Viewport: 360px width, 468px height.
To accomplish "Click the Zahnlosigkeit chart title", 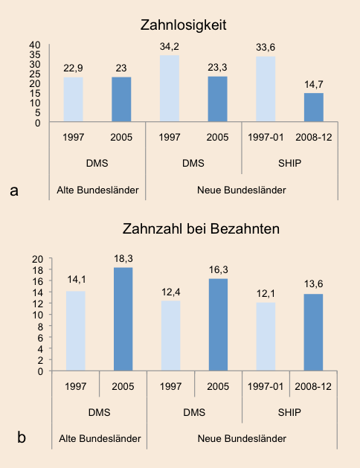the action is pos(183,25).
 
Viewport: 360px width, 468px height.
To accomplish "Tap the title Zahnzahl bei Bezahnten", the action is pos(201,229).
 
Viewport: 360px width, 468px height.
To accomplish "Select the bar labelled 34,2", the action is pos(170,89).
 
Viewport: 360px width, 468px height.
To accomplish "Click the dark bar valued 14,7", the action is pos(314,107).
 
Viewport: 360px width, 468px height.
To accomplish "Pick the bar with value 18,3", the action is pos(123,319).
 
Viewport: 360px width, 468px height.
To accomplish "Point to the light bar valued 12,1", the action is pos(266,336).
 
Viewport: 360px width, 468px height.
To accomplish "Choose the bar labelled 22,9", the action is pos(74,100).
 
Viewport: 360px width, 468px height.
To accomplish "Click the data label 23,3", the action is pos(217,68).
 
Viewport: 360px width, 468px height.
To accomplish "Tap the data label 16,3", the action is pos(219,270).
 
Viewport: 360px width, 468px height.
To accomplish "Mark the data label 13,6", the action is pos(313,283).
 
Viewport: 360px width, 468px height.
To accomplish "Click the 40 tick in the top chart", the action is pos(35,45).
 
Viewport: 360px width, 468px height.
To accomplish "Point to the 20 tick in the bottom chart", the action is pos(38,259).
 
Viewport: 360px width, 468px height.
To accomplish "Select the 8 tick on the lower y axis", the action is pos(41,326).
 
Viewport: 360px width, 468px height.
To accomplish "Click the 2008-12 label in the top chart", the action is pos(314,138).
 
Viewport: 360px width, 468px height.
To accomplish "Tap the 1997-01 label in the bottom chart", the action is pos(265,386).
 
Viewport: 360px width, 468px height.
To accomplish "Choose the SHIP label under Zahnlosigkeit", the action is pos(289,163).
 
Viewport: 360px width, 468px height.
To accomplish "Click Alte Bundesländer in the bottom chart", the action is pos(100,439).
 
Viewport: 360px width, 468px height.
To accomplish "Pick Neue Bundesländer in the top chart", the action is pos(242,190).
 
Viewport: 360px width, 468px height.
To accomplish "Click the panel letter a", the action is pos(14,190).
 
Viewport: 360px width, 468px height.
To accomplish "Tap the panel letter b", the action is pos(22,437).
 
